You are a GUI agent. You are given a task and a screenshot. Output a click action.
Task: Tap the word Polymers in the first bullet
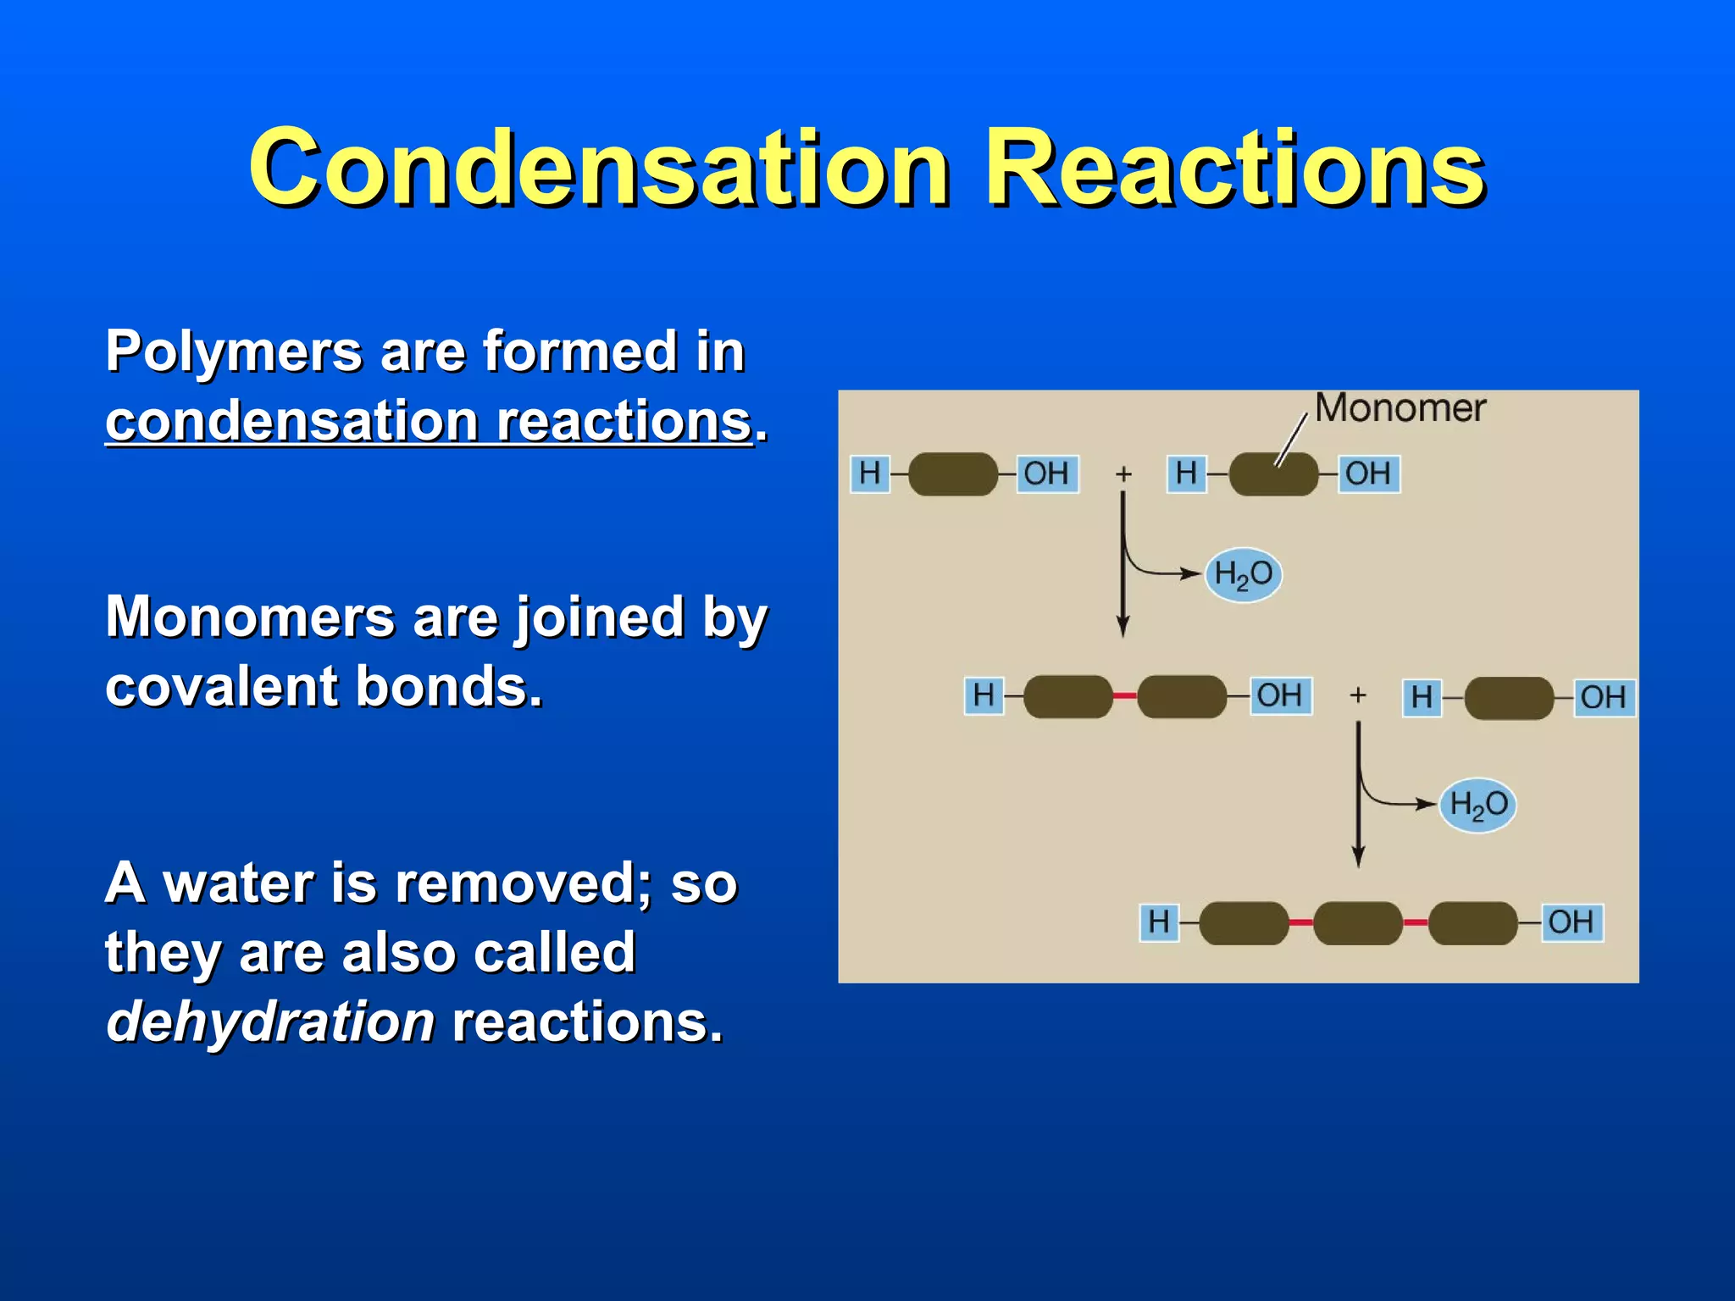point(234,352)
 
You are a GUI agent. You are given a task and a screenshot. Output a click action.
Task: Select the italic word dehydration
point(270,1021)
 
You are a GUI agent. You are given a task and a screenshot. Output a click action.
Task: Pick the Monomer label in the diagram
point(1400,408)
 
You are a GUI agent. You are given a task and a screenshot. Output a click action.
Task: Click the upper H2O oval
point(1243,574)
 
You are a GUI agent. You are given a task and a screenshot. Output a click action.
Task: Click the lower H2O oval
point(1478,804)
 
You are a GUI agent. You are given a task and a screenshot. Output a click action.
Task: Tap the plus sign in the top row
point(1123,474)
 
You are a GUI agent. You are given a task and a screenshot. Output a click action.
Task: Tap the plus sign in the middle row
point(1358,695)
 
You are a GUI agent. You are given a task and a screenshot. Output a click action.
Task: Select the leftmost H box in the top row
point(870,473)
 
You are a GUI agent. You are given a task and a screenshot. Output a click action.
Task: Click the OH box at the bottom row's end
point(1571,922)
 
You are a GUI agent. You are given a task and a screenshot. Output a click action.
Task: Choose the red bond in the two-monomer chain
point(1124,696)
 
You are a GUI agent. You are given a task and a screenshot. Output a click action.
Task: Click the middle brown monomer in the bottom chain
point(1358,922)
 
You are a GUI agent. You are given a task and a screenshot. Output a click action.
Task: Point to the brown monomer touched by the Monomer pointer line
point(1273,474)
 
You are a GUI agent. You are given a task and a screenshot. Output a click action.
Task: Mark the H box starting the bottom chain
point(1159,922)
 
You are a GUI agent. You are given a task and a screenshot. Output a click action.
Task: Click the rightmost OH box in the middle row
point(1603,697)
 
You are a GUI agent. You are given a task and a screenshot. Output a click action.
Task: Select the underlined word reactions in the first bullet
point(624,421)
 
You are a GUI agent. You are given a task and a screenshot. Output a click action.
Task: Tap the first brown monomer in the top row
point(953,474)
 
